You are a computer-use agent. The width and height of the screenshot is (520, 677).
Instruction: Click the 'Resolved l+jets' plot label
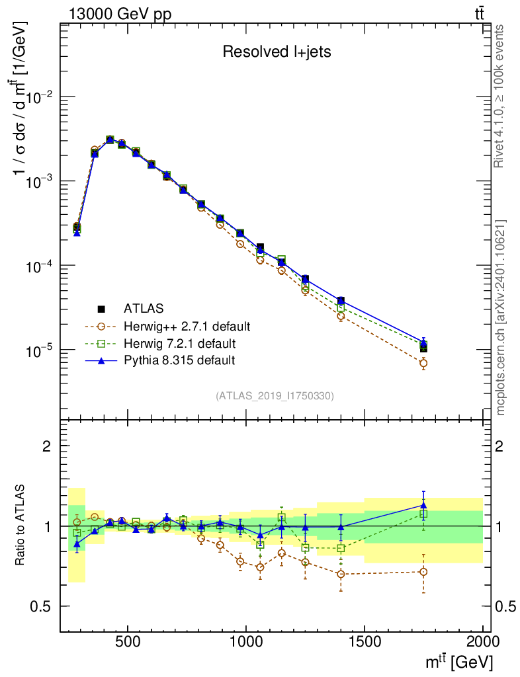coord(277,52)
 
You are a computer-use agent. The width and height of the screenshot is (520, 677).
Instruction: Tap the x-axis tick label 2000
coord(482,641)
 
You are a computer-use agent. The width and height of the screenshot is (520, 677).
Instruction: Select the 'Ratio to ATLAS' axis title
coord(21,526)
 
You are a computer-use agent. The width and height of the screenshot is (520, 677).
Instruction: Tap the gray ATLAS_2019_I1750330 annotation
coord(275,396)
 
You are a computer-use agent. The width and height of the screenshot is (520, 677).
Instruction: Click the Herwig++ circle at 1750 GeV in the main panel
coord(423,363)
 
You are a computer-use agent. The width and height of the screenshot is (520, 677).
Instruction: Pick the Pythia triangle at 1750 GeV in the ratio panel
coord(423,506)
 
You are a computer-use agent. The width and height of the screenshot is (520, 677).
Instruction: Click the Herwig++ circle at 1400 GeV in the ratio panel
coord(341,574)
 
